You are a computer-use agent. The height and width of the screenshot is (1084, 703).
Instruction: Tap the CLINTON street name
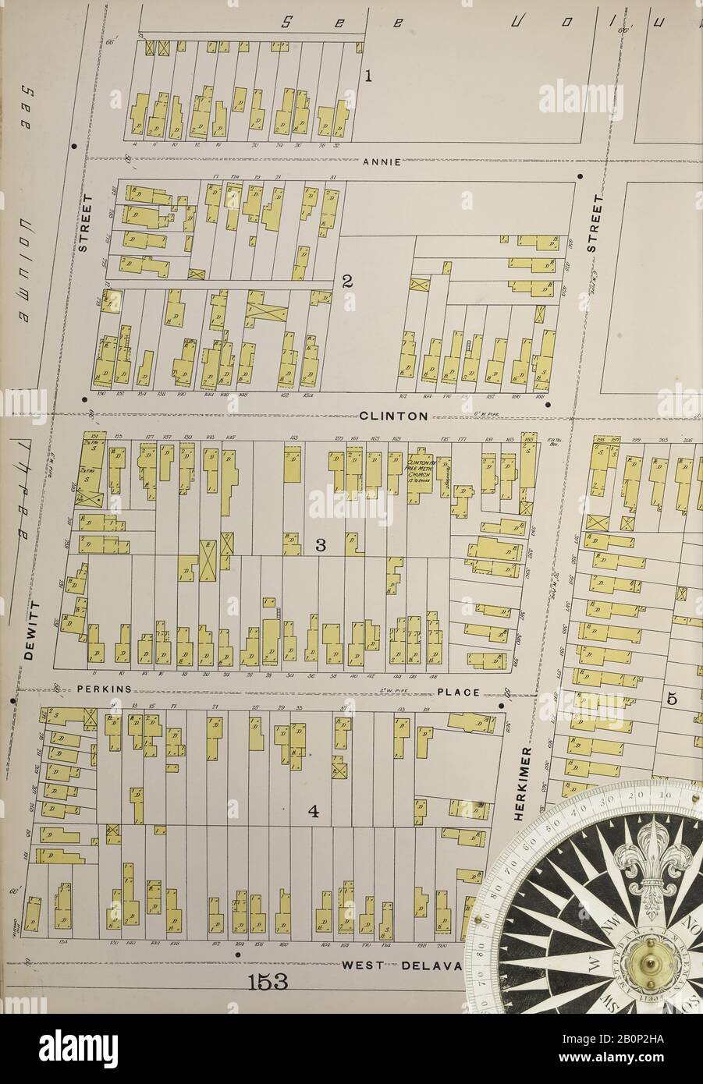point(394,416)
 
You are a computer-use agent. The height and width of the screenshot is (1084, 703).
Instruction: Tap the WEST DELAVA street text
point(402,965)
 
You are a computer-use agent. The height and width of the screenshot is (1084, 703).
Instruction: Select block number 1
point(368,76)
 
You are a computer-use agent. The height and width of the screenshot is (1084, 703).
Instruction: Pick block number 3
point(319,545)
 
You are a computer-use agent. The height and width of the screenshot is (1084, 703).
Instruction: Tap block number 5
point(673,700)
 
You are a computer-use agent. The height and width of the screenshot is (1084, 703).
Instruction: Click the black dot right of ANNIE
point(579,176)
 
